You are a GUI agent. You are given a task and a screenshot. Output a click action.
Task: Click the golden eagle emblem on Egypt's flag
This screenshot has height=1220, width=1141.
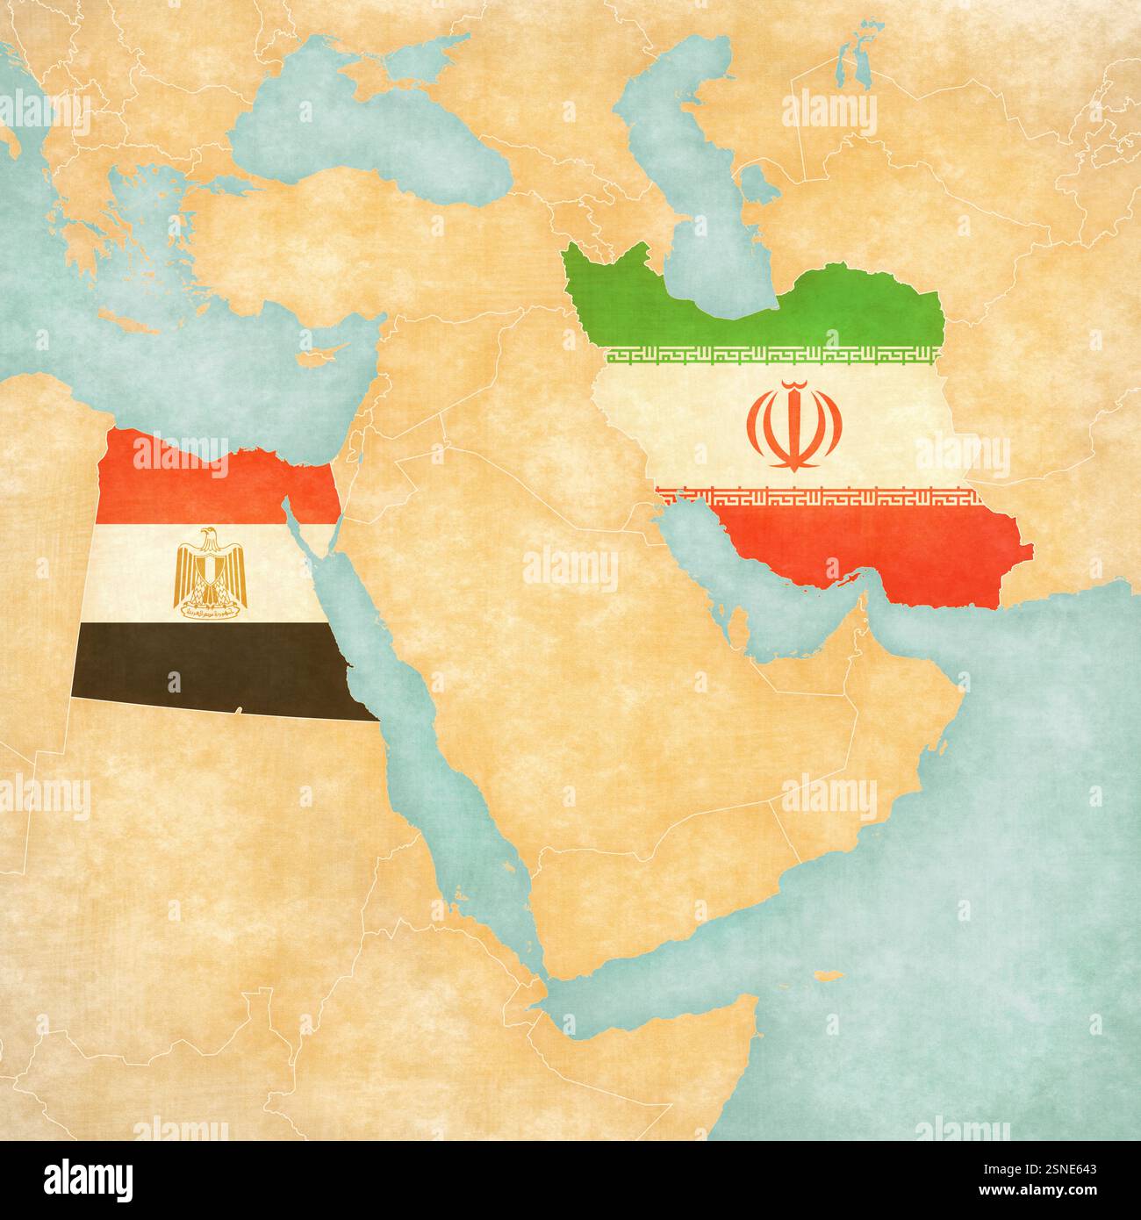pos(211,571)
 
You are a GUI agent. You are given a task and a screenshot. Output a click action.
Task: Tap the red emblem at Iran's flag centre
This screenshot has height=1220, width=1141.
pos(794,426)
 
